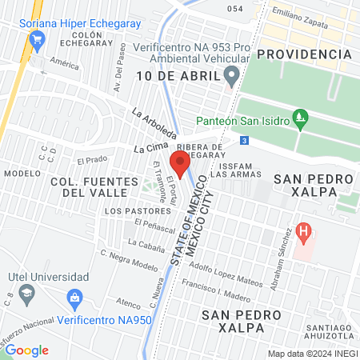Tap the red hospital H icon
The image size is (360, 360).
[x=303, y=234]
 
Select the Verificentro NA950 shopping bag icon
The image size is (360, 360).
[x=74, y=299]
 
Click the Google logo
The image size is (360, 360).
[x=26, y=350]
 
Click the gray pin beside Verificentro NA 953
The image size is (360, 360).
[x=232, y=76]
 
